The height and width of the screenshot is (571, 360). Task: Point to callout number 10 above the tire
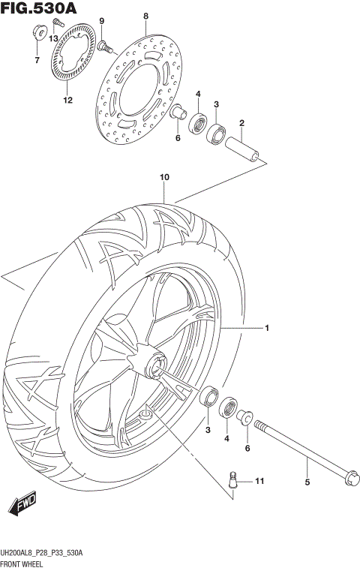coord(164,178)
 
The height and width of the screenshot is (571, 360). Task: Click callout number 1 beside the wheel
coord(265,328)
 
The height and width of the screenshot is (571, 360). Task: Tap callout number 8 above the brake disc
coord(146,16)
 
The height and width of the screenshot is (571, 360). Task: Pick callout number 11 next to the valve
coord(259,480)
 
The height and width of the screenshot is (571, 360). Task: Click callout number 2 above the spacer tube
coord(241,122)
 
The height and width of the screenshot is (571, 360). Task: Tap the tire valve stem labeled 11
coord(234,478)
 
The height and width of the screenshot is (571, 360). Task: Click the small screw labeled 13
coord(55,25)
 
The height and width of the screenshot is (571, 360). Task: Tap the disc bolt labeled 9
coord(104,47)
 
